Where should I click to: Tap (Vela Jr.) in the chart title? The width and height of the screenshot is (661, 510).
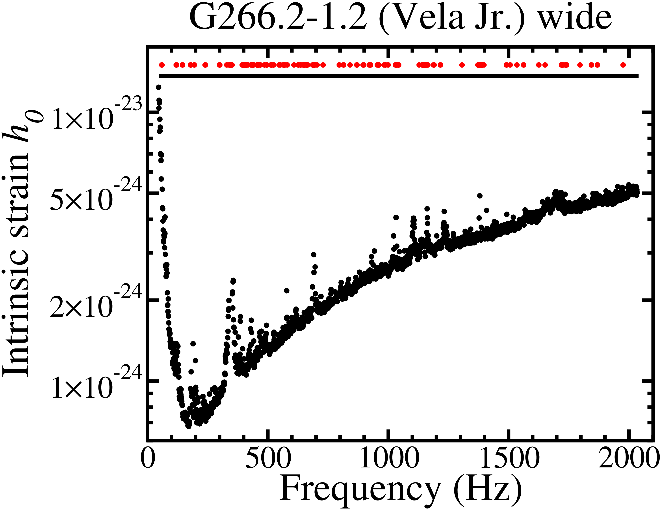coord(451,18)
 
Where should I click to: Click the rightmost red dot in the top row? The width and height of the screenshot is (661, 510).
coord(623,65)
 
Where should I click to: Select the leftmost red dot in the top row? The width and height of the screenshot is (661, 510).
coord(162,65)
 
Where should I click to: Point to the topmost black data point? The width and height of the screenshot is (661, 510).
coord(158,87)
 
